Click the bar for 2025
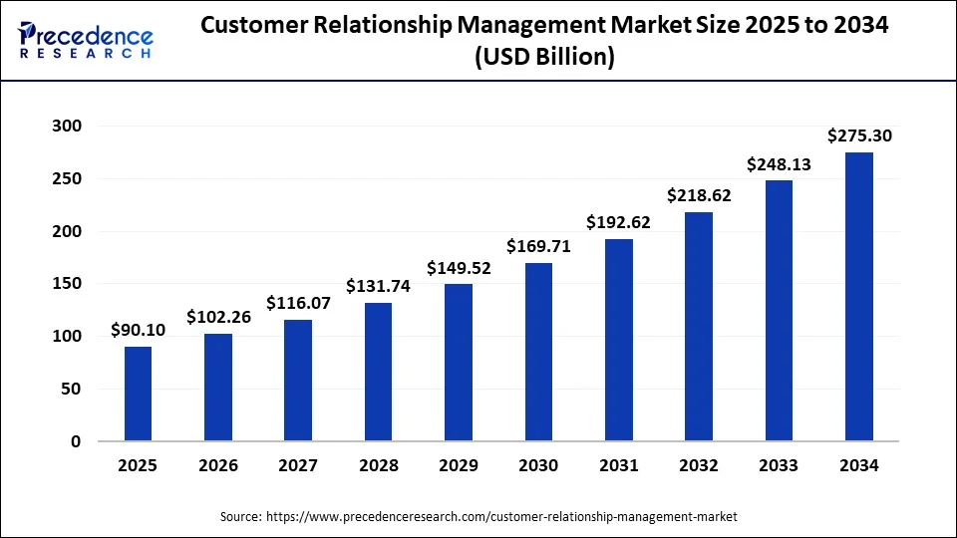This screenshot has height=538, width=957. coord(139,394)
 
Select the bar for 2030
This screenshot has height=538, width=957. coord(538,352)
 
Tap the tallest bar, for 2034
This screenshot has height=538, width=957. coord(859,297)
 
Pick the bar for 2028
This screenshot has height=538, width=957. coord(378,372)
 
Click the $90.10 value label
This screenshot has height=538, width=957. coord(139,331)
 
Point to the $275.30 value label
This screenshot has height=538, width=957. coord(859,136)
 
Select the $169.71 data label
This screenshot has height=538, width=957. coord(538,247)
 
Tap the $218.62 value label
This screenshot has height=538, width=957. coord(699,196)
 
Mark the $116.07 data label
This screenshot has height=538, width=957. coord(298,303)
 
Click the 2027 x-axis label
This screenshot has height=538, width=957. coord(298,465)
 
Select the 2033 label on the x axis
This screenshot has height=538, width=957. coord(779,465)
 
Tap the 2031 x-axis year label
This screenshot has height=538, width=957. coord(619,465)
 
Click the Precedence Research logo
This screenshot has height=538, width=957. coord(86,40)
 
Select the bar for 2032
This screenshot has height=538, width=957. coord(699,327)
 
